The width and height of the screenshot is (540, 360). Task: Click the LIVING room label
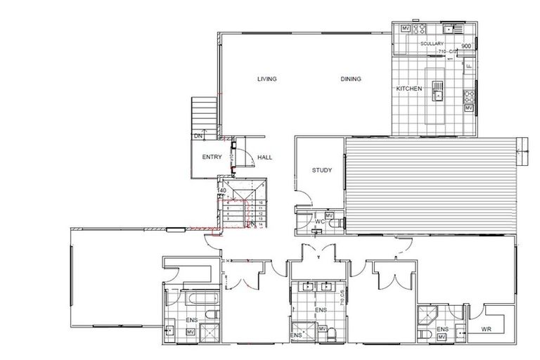click(x=266, y=79)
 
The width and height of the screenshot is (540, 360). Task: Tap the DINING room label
click(x=351, y=79)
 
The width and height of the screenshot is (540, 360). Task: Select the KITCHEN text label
click(x=409, y=89)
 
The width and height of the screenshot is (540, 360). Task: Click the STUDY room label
click(x=322, y=170)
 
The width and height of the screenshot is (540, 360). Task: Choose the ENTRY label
click(x=212, y=157)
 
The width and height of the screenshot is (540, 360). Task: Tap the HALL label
click(x=264, y=157)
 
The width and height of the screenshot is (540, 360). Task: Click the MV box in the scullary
click(x=405, y=28)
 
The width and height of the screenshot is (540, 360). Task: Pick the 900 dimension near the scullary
click(x=466, y=45)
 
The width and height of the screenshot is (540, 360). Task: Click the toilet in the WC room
click(x=337, y=222)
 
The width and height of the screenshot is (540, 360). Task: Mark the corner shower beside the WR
click(x=426, y=314)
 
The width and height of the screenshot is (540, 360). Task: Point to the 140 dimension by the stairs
click(x=221, y=191)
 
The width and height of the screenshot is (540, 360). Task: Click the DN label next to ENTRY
click(x=199, y=135)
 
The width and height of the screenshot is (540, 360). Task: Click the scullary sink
click(x=448, y=28)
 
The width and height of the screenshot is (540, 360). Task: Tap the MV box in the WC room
click(x=330, y=214)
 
